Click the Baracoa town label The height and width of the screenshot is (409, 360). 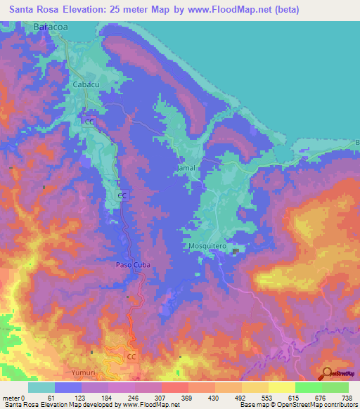coord(51,27)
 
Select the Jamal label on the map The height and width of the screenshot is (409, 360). coord(186,169)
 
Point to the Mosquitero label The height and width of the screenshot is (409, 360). coord(207,247)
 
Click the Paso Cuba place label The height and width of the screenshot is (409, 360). coord(133,265)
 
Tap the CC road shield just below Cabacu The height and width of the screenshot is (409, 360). coord(89,121)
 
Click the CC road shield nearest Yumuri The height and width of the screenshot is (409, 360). coord(131,357)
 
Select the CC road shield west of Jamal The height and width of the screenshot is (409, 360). coord(122,195)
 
